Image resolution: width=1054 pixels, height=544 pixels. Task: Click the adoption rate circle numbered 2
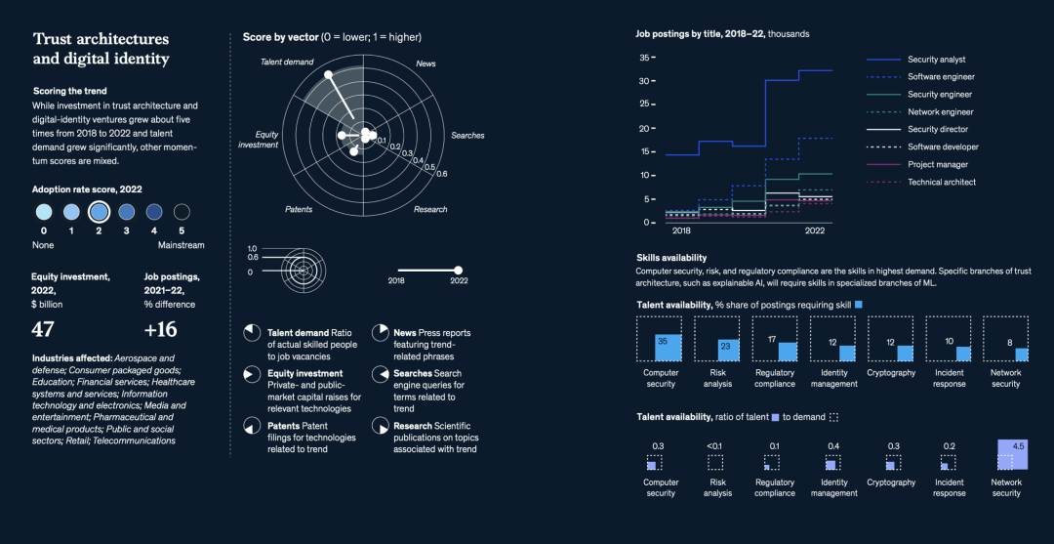tap(99, 211)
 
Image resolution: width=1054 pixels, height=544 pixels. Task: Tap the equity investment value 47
tap(43, 328)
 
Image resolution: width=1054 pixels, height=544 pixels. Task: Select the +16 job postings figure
tap(160, 328)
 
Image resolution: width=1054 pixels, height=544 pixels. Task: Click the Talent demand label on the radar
tap(287, 63)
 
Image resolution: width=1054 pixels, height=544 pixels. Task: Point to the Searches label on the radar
tap(467, 135)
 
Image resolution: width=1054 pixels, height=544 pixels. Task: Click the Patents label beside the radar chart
tap(299, 210)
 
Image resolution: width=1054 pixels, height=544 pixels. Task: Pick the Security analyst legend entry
tap(935, 60)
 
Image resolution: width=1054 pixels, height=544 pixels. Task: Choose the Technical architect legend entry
tap(942, 183)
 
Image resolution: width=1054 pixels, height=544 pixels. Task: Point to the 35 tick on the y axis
tap(644, 58)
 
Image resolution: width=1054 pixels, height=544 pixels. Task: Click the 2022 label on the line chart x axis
tap(815, 231)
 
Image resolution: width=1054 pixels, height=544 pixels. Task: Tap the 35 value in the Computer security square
tap(663, 341)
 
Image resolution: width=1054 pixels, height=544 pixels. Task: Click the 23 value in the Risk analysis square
tap(723, 345)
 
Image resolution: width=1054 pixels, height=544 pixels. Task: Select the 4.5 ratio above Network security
tap(1018, 446)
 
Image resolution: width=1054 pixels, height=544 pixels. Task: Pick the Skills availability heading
tap(670, 258)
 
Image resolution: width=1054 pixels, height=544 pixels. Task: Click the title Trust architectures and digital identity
tap(101, 49)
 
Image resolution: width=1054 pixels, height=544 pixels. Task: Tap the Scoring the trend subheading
tap(70, 91)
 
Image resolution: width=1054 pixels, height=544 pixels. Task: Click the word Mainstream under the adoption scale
tap(182, 244)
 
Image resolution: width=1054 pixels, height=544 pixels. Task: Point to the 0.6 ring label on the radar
tap(442, 174)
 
